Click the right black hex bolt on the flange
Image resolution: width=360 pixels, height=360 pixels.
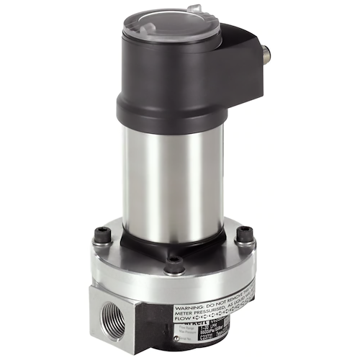pos(244,233)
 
